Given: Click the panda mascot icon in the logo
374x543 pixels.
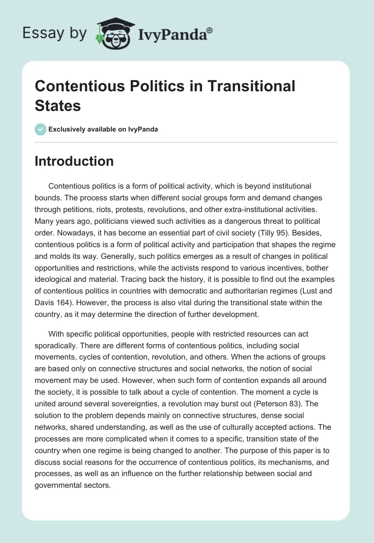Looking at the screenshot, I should pyautogui.click(x=114, y=34).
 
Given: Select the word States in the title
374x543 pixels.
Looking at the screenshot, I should pyautogui.click(x=58, y=106).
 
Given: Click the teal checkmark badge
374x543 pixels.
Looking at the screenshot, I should pyautogui.click(x=41, y=129).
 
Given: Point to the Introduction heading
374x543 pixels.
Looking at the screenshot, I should pyautogui.click(x=74, y=161).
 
